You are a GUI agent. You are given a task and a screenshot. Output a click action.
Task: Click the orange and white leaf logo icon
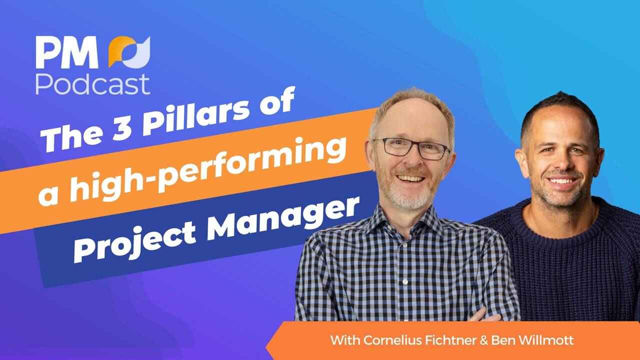point(129,52)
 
